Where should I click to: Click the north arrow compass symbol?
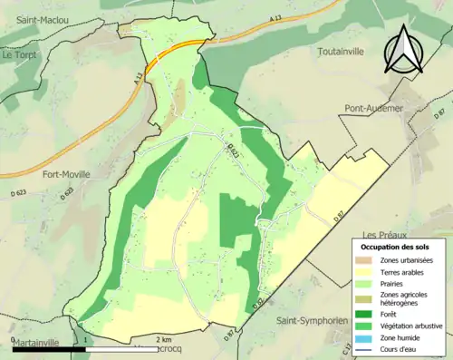[406, 50]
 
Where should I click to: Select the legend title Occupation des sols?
[396, 247]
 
